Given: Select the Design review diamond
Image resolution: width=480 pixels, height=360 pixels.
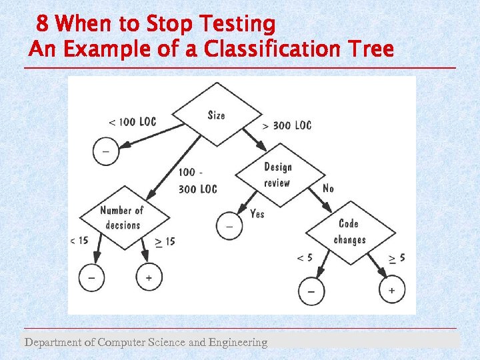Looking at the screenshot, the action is click(x=278, y=175).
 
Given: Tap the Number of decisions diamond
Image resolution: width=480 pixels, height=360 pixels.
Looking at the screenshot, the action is click(x=122, y=217).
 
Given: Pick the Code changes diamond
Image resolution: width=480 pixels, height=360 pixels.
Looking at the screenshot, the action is click(x=350, y=232).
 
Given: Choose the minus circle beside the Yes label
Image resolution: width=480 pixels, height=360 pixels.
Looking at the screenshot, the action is click(x=229, y=227).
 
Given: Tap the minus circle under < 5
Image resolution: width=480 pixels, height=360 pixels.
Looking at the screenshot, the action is click(x=311, y=291).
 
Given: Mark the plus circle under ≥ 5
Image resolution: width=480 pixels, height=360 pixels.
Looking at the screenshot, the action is click(x=391, y=290).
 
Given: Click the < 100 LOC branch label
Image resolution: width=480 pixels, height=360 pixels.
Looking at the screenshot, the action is click(x=132, y=122).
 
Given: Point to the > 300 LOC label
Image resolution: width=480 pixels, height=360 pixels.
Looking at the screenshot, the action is click(x=287, y=125).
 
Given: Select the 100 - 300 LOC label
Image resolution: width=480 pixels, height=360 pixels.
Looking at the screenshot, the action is click(x=197, y=181).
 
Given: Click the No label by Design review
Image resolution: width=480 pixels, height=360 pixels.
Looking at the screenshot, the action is click(x=328, y=189).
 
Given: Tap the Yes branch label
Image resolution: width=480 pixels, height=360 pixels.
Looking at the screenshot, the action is click(x=257, y=213).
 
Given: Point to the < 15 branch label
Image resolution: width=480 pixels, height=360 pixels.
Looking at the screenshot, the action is click(x=79, y=241).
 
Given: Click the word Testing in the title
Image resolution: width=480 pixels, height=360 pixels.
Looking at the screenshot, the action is click(x=235, y=25).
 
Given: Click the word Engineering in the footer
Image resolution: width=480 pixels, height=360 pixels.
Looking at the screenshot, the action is click(x=237, y=343).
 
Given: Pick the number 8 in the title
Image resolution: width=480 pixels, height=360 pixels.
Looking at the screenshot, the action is click(x=42, y=25).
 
